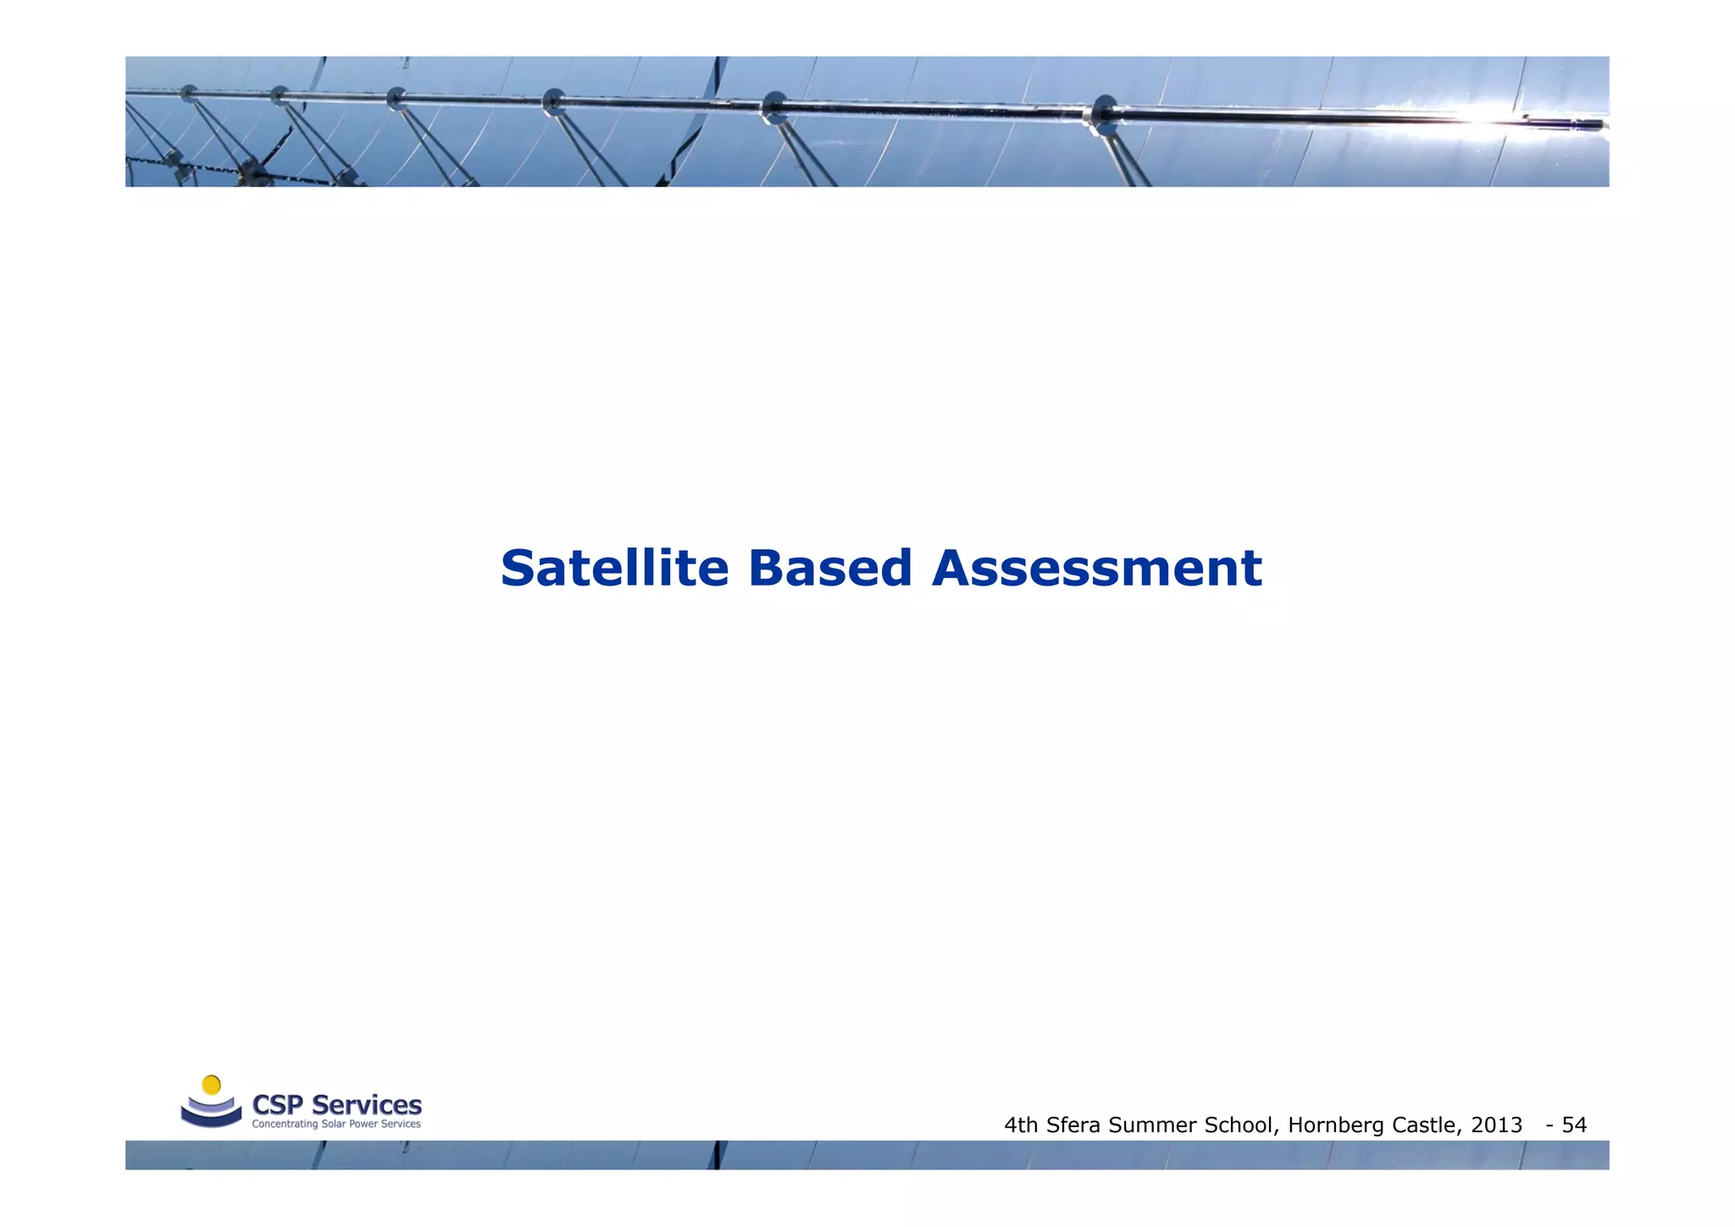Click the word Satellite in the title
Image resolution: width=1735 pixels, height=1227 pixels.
click(614, 568)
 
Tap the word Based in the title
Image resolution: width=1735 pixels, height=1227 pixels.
click(829, 568)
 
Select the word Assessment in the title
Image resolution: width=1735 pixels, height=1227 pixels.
click(1096, 568)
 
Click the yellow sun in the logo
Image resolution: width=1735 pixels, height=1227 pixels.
click(212, 1085)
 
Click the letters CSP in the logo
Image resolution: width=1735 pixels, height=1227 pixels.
click(278, 1105)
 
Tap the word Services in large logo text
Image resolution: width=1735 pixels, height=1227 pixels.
click(366, 1105)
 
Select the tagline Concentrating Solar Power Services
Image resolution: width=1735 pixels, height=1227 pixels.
click(336, 1124)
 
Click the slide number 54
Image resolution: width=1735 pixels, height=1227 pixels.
click(1574, 1125)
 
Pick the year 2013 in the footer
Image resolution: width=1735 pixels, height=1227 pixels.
click(1497, 1125)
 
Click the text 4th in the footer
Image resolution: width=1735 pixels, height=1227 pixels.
click(1021, 1125)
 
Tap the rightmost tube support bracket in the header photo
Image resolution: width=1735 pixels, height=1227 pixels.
click(1103, 115)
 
